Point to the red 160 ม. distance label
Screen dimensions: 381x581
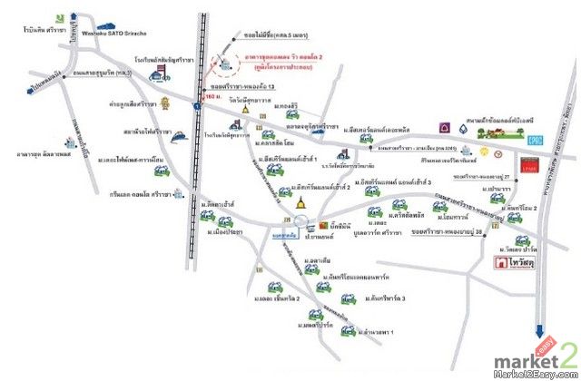(212, 95)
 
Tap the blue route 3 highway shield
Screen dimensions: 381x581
(196, 107)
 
